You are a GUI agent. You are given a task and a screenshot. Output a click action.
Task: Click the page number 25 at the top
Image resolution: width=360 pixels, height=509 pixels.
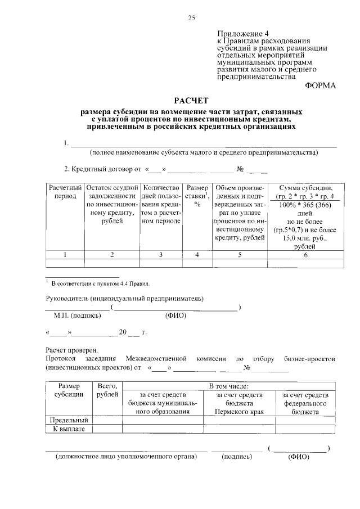(191, 19)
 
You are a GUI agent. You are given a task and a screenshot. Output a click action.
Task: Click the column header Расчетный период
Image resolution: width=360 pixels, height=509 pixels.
(65, 192)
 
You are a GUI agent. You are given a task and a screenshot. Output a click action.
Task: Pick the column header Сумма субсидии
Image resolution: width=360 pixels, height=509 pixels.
(304, 187)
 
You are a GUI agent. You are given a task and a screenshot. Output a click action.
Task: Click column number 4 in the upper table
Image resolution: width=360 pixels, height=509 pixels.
(197, 255)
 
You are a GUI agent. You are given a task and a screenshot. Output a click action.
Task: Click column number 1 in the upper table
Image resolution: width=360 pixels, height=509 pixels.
(65, 255)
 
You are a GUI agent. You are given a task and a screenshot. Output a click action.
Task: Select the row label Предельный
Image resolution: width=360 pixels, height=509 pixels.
(69, 420)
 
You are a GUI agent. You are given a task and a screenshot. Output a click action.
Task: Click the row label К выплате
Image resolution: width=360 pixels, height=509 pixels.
(69, 429)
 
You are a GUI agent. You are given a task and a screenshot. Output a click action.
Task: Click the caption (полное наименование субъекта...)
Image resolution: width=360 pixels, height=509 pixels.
(203, 152)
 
